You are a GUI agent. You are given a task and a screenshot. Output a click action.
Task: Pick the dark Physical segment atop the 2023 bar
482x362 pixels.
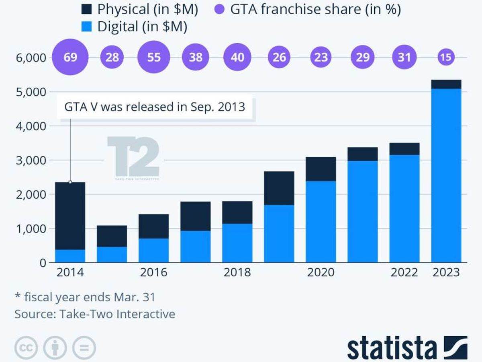click(446, 84)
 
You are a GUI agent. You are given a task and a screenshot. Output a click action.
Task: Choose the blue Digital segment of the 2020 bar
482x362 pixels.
click(321, 222)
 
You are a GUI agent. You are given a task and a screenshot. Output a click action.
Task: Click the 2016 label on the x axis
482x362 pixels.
click(153, 273)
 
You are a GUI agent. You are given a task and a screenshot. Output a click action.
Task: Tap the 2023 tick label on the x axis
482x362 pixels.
click(446, 273)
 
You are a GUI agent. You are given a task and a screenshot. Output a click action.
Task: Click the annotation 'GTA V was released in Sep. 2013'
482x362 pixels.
click(155, 107)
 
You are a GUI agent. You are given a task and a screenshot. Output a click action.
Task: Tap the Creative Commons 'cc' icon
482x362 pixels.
click(26, 347)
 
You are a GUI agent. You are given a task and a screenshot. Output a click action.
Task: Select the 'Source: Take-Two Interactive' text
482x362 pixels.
click(95, 314)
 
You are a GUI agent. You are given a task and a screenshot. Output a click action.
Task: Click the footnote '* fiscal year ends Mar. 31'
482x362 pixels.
click(85, 297)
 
